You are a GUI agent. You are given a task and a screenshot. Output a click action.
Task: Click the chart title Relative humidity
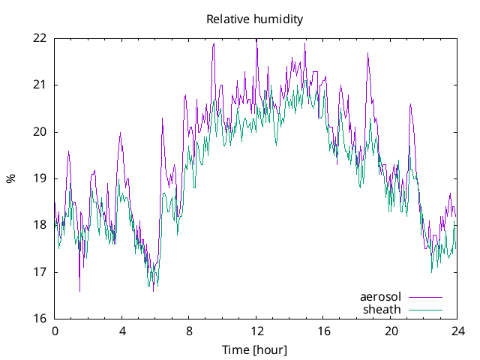[255, 19]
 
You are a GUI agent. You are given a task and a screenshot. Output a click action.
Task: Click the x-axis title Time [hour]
[255, 349]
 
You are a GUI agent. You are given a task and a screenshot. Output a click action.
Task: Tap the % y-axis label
[11, 178]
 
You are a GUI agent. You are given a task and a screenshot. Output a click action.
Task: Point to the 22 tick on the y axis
[40, 37]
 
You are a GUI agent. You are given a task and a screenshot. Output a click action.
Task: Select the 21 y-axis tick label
[40, 85]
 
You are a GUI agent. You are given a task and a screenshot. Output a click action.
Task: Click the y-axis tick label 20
[40, 131]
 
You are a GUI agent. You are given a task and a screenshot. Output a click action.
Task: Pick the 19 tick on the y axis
[40, 178]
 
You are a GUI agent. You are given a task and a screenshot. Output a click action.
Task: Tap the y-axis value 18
[40, 225]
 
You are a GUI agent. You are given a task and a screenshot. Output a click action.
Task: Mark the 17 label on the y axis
[40, 272]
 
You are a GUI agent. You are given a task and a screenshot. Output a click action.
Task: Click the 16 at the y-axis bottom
[40, 319]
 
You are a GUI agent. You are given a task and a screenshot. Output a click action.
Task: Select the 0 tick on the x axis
[55, 331]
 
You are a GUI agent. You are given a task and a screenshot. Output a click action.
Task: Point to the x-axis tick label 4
[121, 331]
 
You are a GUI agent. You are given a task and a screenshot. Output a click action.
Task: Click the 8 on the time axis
[189, 331]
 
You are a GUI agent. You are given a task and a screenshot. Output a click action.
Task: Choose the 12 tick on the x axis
[256, 331]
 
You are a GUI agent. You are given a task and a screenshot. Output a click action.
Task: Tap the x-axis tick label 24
[457, 331]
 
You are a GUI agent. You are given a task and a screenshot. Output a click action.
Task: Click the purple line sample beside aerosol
[425, 297]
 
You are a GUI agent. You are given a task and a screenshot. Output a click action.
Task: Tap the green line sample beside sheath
[425, 309]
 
